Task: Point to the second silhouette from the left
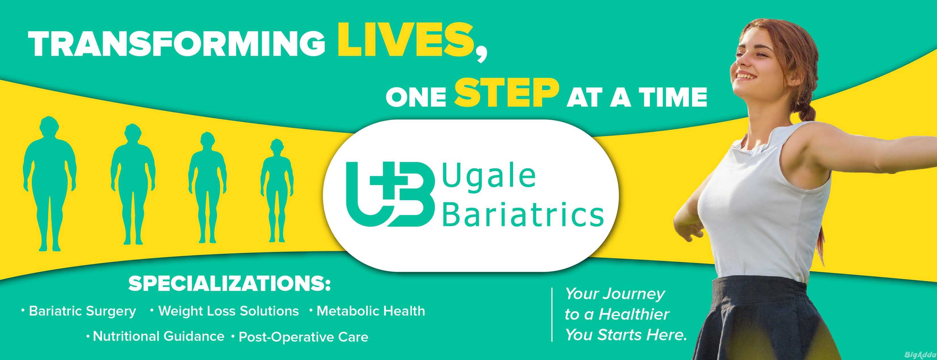coord(133,184)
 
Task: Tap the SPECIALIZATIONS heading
coord(230,284)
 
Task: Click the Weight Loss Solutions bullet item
coord(224,311)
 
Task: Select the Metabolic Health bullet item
coord(367,311)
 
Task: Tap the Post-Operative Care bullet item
coord(300,337)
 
